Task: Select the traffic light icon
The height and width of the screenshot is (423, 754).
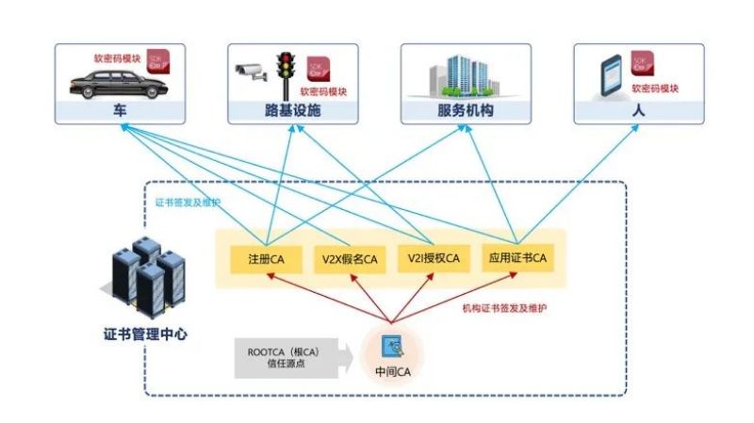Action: pos(283,70)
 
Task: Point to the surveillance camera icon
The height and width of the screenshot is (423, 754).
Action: pos(251,72)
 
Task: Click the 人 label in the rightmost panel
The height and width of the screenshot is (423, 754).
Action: pos(638,111)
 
